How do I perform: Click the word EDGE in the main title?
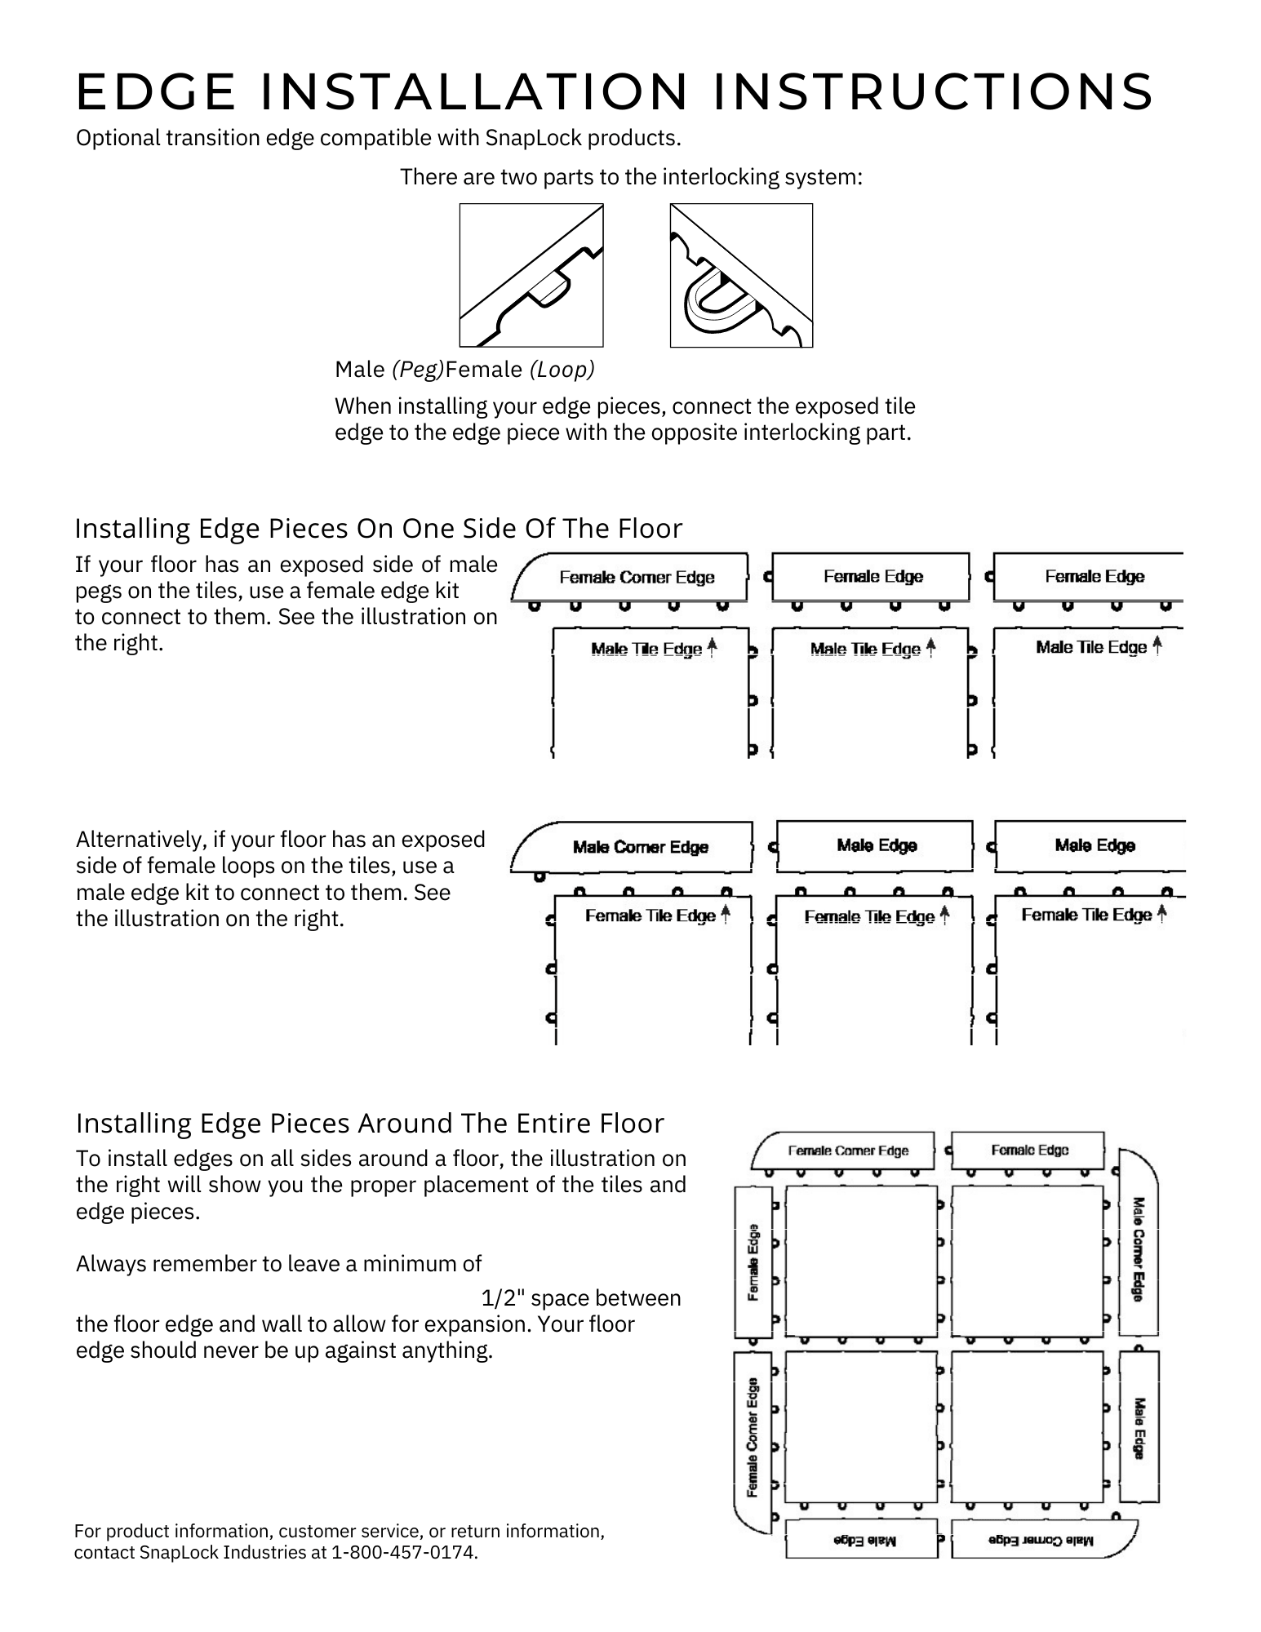(x=155, y=91)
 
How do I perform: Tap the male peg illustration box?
(x=531, y=275)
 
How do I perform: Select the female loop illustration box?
(x=741, y=275)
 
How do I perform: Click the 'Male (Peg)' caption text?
(x=389, y=370)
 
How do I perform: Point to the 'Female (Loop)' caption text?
(x=520, y=370)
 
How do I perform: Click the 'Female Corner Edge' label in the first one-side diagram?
(x=637, y=578)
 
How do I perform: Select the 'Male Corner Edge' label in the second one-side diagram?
(x=641, y=847)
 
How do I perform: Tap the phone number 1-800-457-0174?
(x=404, y=1552)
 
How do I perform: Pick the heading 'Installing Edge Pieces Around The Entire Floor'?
(x=370, y=1124)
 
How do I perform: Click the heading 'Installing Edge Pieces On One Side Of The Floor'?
(x=378, y=529)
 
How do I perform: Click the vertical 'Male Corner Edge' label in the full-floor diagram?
(x=1139, y=1248)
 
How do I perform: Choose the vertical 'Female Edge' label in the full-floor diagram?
(x=753, y=1262)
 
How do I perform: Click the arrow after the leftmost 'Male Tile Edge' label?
(x=712, y=648)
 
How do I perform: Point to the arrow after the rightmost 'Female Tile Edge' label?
(x=1162, y=913)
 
